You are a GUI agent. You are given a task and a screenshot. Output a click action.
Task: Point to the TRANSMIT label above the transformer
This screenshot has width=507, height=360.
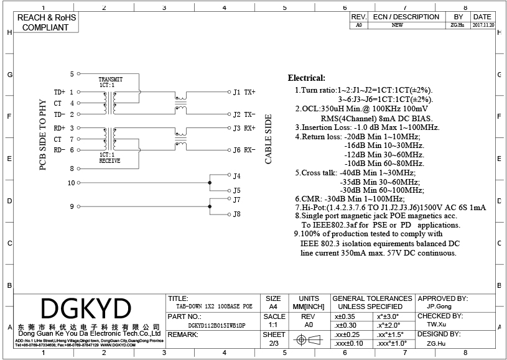111,80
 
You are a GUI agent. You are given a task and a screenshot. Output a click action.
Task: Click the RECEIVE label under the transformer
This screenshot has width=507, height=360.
109,160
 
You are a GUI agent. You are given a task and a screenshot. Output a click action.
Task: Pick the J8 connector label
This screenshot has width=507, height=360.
236,215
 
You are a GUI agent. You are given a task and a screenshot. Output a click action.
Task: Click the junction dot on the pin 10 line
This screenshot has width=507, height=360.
210,183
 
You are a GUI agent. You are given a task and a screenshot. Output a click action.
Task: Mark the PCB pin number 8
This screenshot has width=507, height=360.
72,168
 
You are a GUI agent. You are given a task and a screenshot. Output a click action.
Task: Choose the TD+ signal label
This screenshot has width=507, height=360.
60,92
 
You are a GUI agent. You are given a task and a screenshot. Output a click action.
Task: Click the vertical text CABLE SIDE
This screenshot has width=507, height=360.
269,139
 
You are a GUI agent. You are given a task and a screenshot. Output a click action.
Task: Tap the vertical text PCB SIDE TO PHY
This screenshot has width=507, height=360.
43,135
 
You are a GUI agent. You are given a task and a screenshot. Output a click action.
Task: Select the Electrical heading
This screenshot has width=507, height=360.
306,78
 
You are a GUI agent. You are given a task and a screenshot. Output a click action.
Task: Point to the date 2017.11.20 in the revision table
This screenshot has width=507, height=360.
483,25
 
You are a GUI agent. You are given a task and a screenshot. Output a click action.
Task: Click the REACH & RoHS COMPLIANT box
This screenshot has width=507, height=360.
45,22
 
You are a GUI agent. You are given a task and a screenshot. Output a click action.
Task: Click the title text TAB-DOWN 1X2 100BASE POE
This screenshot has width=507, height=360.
210,307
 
